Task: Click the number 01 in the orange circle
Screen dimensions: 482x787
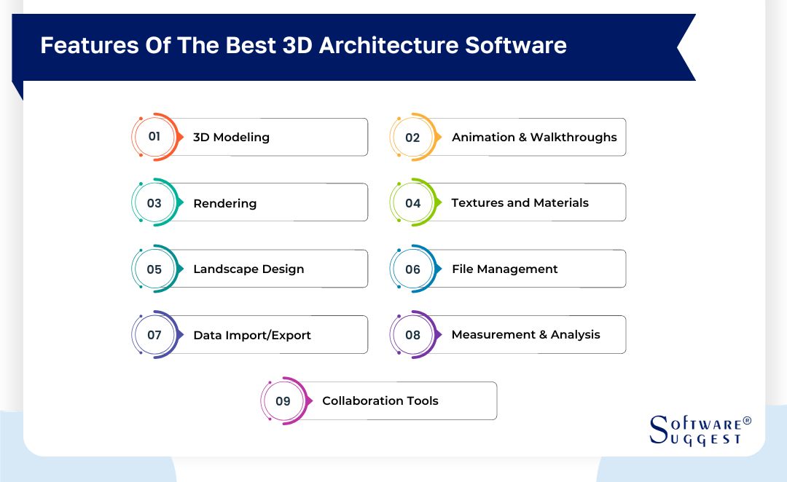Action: (x=154, y=137)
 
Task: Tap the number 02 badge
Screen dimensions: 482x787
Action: (x=412, y=137)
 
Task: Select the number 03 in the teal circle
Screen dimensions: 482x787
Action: (x=154, y=203)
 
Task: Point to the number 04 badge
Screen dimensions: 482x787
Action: (x=412, y=203)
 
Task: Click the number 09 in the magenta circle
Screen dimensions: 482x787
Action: (x=283, y=401)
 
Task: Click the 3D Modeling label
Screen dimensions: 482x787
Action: (x=231, y=137)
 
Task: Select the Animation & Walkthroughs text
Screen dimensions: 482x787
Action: (x=534, y=137)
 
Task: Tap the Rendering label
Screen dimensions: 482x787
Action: (x=224, y=203)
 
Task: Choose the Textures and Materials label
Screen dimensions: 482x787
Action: (x=520, y=202)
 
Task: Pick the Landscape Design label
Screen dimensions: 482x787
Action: (x=248, y=269)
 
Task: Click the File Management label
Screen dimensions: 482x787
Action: (x=504, y=269)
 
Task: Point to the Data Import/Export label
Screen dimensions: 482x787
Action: (x=252, y=335)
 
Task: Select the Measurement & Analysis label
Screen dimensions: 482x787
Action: (x=525, y=334)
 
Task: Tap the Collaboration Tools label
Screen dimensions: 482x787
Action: (x=380, y=400)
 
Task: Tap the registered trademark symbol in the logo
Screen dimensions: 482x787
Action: (x=746, y=421)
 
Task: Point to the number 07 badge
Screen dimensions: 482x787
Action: (x=154, y=335)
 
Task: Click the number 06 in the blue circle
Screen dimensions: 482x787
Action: (x=412, y=269)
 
